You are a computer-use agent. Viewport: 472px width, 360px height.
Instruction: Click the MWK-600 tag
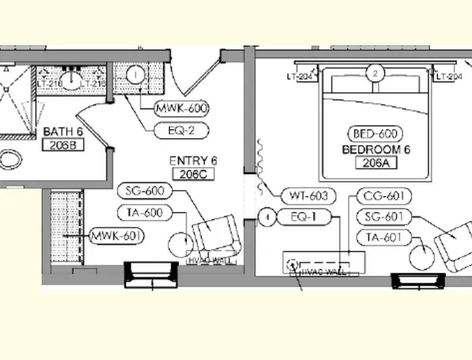(x=181, y=109)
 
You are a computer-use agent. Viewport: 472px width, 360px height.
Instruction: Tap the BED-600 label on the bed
(x=375, y=134)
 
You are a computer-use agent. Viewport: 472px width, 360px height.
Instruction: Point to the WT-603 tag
(x=307, y=196)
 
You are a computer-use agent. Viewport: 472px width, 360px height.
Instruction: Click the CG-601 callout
(x=383, y=197)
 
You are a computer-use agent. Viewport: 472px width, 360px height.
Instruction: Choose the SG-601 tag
(x=383, y=218)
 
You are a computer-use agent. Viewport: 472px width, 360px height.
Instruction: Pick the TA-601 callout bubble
(x=383, y=238)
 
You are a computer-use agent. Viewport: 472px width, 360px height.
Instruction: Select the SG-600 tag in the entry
(x=145, y=191)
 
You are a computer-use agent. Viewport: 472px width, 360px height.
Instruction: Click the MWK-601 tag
(x=117, y=237)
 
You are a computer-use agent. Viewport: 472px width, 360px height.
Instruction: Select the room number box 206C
(x=194, y=174)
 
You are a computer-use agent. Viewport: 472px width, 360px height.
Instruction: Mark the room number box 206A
(x=376, y=162)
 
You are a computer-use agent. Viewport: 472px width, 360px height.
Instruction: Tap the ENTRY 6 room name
(x=194, y=161)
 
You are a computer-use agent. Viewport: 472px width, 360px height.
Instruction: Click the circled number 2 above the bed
(x=375, y=74)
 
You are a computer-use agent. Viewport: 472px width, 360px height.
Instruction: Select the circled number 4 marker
(x=266, y=218)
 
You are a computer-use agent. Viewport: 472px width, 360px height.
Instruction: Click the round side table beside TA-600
(x=180, y=243)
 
